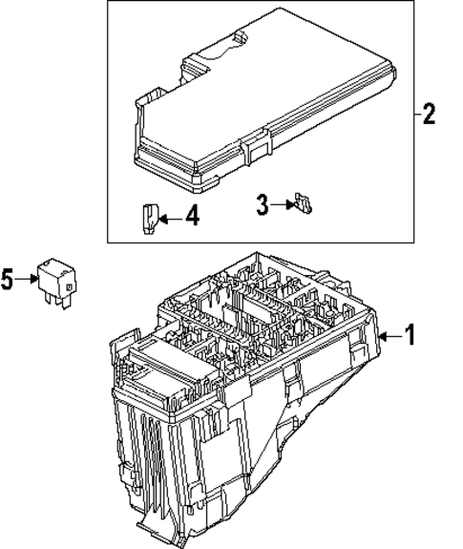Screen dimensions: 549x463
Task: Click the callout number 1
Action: point(410,336)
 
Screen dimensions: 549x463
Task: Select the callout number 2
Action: point(429,116)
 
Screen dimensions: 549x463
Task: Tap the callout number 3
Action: point(262,202)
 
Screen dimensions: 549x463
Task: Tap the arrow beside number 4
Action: point(167,219)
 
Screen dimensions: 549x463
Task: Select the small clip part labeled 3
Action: point(305,201)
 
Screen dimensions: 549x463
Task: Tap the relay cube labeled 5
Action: point(58,274)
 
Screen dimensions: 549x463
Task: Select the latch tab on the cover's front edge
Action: point(254,148)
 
